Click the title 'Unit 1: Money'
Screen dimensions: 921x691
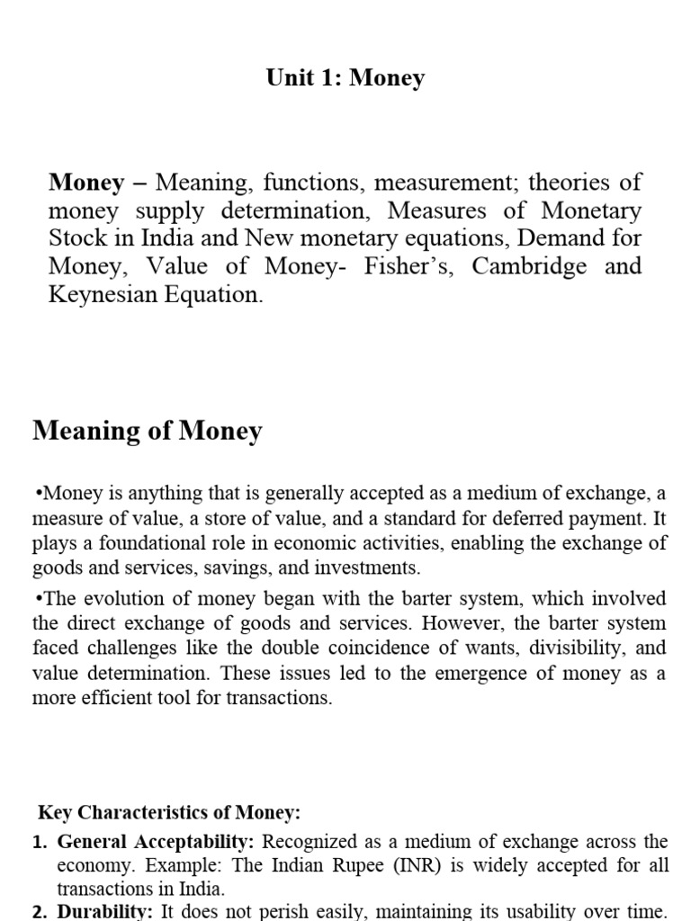345,78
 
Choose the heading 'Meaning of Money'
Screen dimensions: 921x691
148,432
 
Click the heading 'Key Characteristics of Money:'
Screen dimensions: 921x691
169,813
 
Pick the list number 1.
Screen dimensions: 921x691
40,843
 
